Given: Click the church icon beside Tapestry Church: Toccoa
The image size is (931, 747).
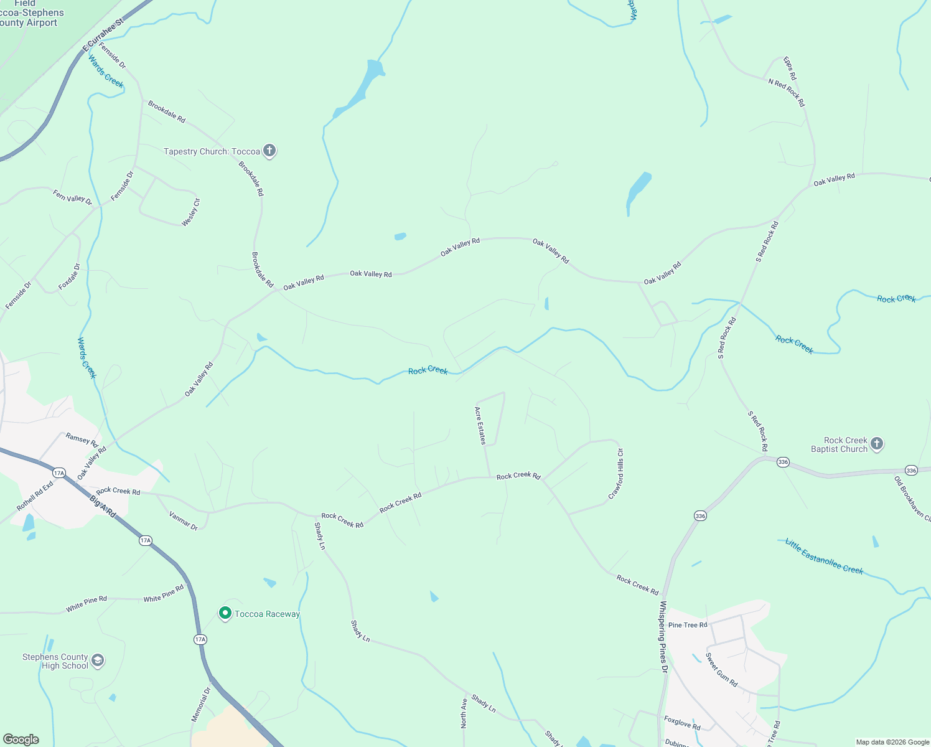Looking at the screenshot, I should click(x=269, y=151).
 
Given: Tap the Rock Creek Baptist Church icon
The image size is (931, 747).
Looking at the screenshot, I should click(x=877, y=444).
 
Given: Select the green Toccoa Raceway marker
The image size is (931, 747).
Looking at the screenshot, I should click(x=225, y=614).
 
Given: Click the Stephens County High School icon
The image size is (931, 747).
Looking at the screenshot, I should click(x=98, y=660).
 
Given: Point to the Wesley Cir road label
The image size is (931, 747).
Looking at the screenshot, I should click(x=191, y=212).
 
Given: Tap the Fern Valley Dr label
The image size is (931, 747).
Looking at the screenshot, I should click(x=72, y=197).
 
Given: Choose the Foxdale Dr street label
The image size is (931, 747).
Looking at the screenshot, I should click(x=69, y=276).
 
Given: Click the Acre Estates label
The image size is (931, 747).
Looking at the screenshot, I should click(x=480, y=425).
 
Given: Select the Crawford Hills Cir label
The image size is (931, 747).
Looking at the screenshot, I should click(x=616, y=474).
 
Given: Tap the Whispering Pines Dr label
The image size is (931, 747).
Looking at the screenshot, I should click(x=663, y=637).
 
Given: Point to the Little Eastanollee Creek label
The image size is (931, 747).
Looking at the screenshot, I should click(x=824, y=556).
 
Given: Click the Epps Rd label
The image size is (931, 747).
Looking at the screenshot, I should click(x=790, y=68).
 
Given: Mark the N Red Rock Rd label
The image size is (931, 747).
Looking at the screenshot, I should click(x=787, y=93).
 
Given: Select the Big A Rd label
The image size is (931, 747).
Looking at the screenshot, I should click(x=103, y=506).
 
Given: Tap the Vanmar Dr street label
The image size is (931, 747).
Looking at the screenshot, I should click(x=183, y=520).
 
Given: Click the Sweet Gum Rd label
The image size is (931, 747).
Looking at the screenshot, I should click(x=722, y=670).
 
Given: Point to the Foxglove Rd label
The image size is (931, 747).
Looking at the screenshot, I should click(x=682, y=723).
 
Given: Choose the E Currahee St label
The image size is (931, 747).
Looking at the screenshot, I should click(x=103, y=38).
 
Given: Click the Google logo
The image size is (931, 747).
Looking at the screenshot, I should click(x=21, y=740).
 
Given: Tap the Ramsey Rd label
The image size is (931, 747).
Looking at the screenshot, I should click(x=82, y=439).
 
